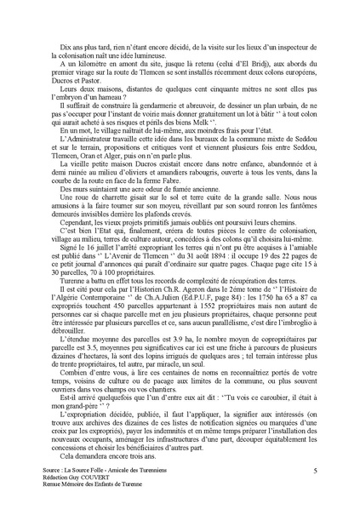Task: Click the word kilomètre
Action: pyautogui.click(x=77, y=52)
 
